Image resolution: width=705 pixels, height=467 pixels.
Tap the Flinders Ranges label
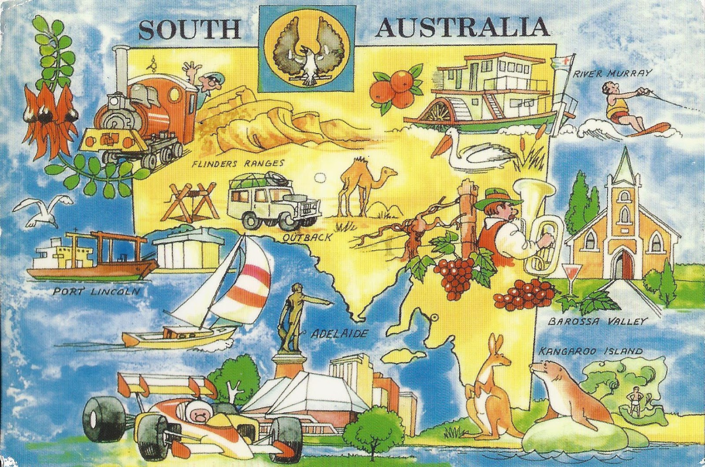click(x=237, y=164)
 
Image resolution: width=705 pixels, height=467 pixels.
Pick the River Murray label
click(x=609, y=74)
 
